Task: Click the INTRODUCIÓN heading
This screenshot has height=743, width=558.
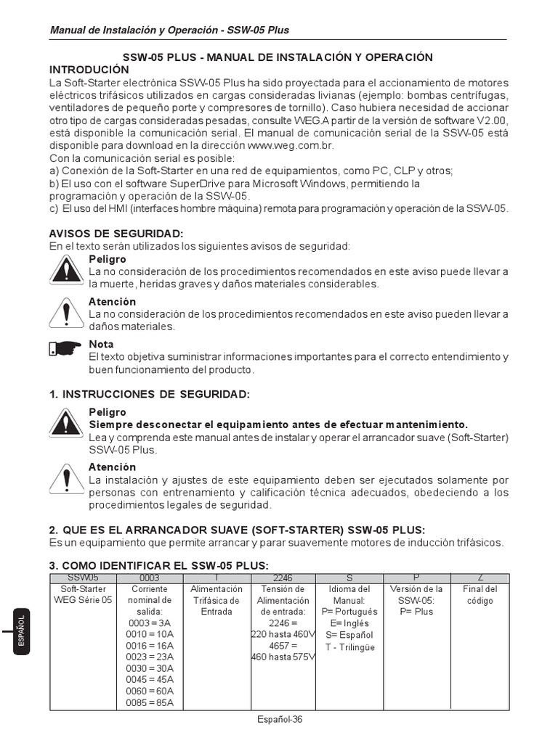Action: coord(89,70)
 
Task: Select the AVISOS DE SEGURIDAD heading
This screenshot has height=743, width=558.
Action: coord(116,234)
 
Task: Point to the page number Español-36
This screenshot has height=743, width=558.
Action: coord(279,719)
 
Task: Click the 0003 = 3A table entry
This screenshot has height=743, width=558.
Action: coord(150,623)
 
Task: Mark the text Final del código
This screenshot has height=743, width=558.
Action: coord(480,595)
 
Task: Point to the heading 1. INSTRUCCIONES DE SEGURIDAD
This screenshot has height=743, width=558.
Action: coord(149,394)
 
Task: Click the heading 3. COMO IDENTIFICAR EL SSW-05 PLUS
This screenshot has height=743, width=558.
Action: coord(158,566)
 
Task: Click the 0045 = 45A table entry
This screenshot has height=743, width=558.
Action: coord(150,680)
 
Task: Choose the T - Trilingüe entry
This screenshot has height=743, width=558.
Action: coord(349,646)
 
